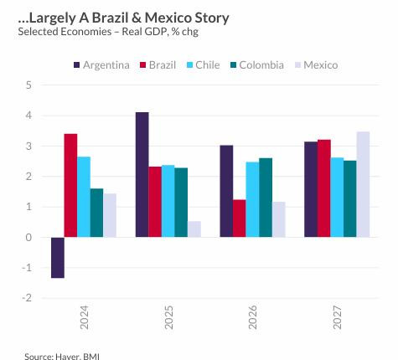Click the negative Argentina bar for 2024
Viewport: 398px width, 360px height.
58,257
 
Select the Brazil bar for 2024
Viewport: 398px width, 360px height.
70,185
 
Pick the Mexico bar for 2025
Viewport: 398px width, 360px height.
194,229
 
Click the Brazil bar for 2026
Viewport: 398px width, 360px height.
239,218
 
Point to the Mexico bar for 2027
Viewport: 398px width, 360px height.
363,184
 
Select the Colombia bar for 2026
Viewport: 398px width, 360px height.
266,198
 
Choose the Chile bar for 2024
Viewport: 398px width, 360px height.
84,197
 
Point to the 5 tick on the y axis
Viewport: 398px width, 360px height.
28,85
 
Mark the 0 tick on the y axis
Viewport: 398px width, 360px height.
28,238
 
